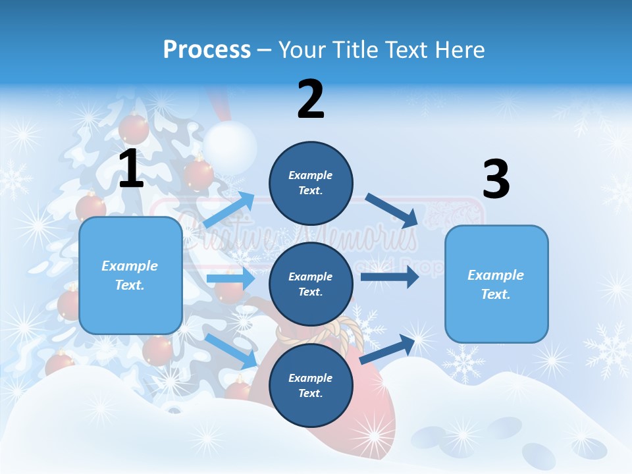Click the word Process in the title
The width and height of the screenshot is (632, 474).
tap(207, 50)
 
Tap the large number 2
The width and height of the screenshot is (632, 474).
tap(311, 99)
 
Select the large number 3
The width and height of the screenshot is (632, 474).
tap(496, 180)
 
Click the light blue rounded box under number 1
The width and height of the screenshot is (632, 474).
tap(130, 275)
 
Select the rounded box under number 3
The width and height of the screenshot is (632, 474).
tap(496, 284)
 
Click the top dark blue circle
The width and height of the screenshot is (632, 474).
tap(311, 183)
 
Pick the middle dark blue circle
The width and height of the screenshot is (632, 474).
tap(311, 284)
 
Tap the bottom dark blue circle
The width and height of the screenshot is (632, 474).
tap(311, 385)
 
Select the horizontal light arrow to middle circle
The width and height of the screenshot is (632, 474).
tap(230, 278)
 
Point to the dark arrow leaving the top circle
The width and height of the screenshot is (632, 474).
tap(391, 209)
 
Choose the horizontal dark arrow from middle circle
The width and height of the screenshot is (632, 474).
tap(389, 277)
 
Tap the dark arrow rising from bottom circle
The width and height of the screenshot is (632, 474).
tap(389, 349)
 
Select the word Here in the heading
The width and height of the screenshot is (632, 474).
tap(459, 50)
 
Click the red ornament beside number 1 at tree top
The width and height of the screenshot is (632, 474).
tap(133, 129)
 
